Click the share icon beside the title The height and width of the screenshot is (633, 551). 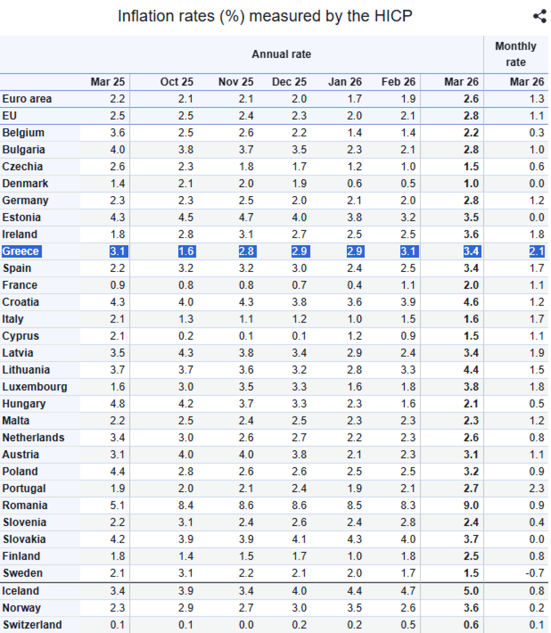point(540,16)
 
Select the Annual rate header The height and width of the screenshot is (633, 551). point(281,54)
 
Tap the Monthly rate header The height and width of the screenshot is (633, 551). point(515,54)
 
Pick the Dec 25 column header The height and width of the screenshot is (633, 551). point(289,82)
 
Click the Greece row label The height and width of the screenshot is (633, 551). point(21,251)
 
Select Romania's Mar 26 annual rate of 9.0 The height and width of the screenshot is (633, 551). point(471,505)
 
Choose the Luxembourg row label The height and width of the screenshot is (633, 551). point(34,387)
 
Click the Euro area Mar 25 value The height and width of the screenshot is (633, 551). point(117,99)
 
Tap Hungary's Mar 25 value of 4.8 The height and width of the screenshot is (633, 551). point(117,404)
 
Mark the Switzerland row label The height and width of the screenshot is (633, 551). point(32,624)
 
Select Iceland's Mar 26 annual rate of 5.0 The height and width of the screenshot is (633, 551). point(471,591)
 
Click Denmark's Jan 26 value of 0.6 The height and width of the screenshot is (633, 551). point(354,184)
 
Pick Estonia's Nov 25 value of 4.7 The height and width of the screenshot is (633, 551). point(246,218)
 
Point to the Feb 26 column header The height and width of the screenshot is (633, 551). point(398,82)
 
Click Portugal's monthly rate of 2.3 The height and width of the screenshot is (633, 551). point(536,488)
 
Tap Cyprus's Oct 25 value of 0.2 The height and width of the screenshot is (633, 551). point(186,336)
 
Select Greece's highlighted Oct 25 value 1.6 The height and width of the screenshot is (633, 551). point(186,251)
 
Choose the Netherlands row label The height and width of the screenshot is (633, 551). point(33,438)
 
